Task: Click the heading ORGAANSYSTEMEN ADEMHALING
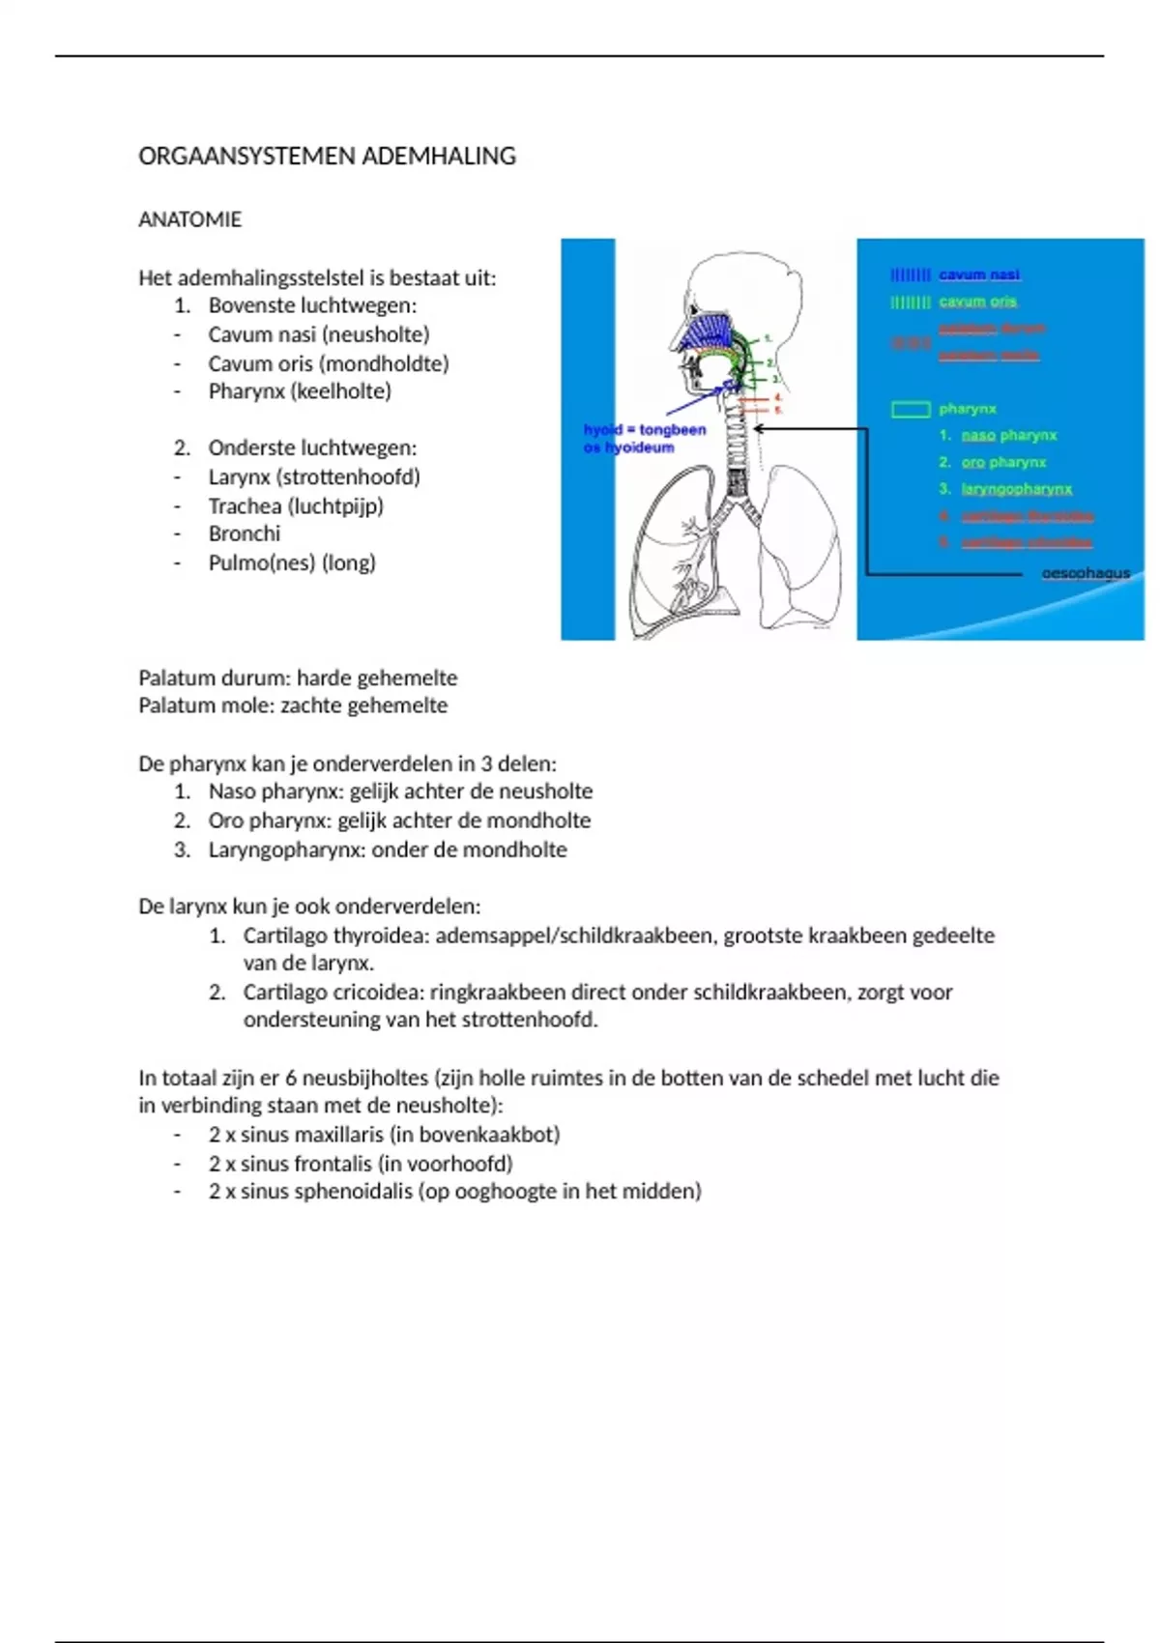pyautogui.click(x=327, y=157)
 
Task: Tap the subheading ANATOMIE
pyautogui.click(x=189, y=219)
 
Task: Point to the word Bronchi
pyautogui.click(x=244, y=533)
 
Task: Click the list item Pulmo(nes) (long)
pyautogui.click(x=291, y=562)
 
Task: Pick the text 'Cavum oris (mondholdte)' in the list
pyautogui.click(x=328, y=363)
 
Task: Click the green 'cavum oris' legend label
pyautogui.click(x=977, y=302)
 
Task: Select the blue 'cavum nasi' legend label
pyautogui.click(x=978, y=274)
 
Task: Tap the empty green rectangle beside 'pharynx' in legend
pyautogui.click(x=910, y=410)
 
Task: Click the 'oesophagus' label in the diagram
pyautogui.click(x=1085, y=573)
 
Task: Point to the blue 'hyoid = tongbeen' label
pyautogui.click(x=644, y=429)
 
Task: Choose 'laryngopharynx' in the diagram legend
pyautogui.click(x=1016, y=489)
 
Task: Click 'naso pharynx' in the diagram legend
pyautogui.click(x=1008, y=435)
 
